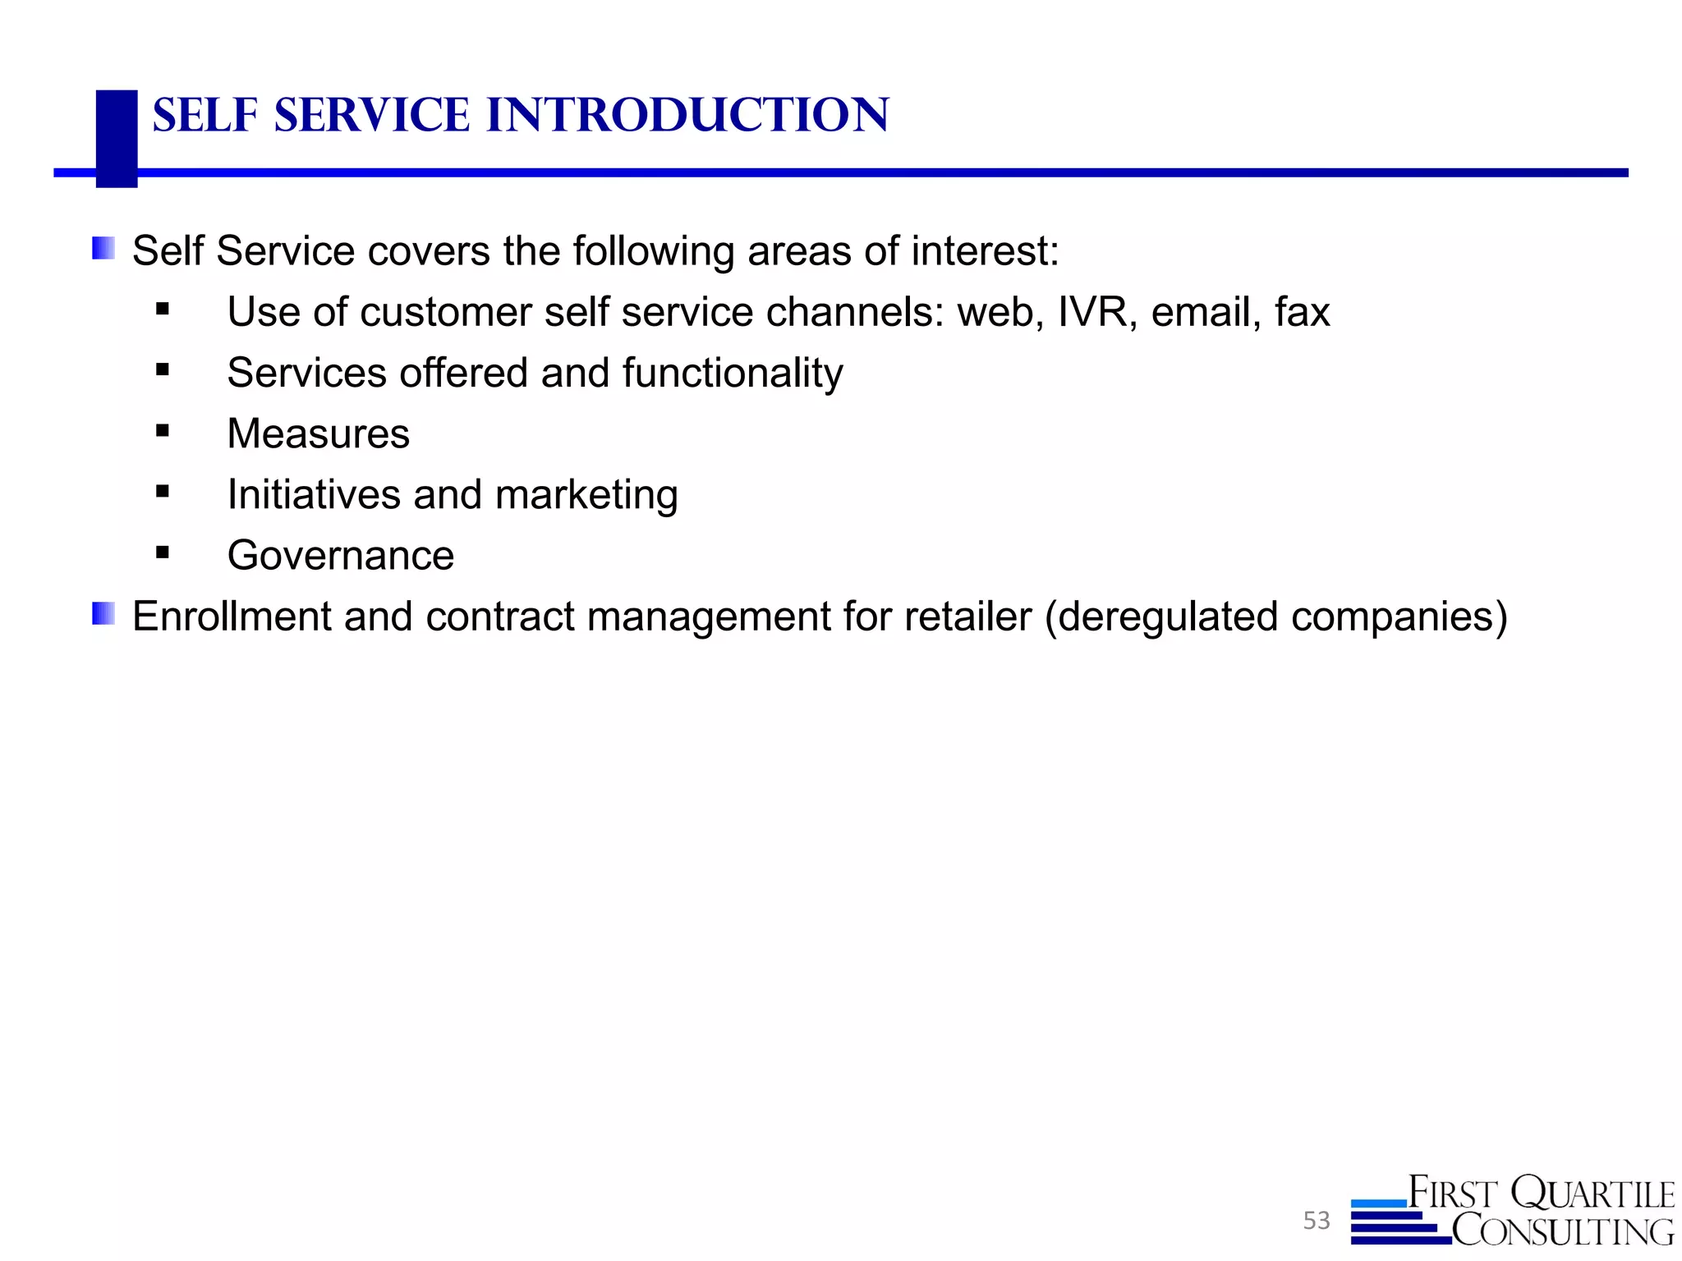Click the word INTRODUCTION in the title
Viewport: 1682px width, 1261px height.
687,115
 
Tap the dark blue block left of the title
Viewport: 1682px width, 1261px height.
117,138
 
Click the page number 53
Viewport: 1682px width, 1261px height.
1316,1221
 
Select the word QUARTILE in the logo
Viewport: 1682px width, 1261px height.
1592,1194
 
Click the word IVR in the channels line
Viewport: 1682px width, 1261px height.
1091,313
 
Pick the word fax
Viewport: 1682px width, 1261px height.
1302,313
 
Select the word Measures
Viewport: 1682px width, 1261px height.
318,434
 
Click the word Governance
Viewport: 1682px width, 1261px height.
340,556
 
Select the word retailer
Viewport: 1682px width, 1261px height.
967,617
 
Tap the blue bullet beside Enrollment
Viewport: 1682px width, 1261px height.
103,613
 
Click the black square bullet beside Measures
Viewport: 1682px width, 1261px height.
163,431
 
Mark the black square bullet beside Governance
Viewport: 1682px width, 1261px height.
163,553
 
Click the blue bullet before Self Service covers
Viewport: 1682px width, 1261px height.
103,248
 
